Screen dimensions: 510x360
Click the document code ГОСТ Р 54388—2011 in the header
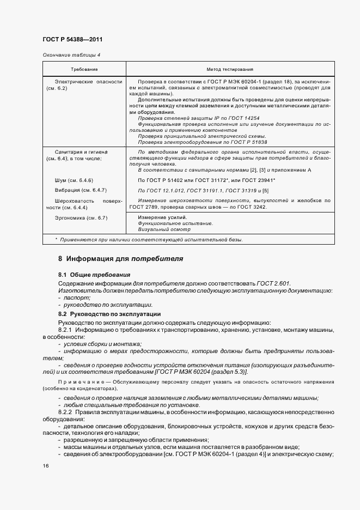click(x=72, y=40)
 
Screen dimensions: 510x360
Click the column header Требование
click(x=84, y=70)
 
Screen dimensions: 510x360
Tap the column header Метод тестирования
click(x=229, y=70)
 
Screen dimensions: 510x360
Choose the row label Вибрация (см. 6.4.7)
click(x=77, y=190)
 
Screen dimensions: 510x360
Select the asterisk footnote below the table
click(x=149, y=240)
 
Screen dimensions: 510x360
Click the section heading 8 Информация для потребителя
click(x=120, y=258)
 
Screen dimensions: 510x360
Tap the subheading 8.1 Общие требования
click(x=94, y=275)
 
